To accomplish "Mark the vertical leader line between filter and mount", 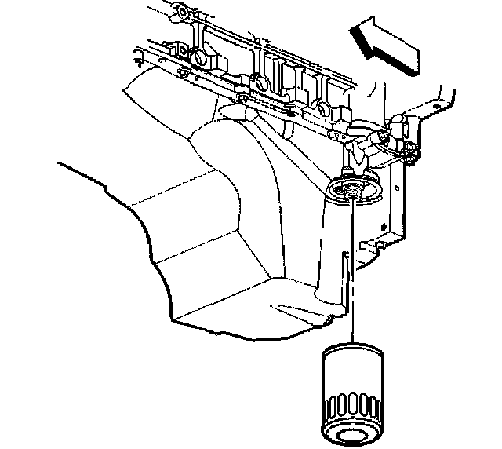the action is [x=353, y=267].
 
